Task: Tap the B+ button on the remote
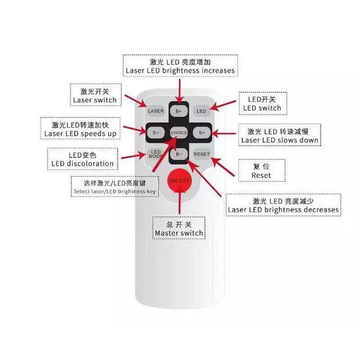tap(179, 111)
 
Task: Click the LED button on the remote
tap(201, 111)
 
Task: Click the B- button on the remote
tap(179, 154)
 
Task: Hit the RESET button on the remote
tap(202, 154)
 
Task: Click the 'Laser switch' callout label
tap(95, 96)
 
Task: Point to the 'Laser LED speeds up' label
tap(80, 129)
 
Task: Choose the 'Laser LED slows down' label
tap(280, 135)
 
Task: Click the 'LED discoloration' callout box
tap(83, 159)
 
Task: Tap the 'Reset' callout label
tap(261, 171)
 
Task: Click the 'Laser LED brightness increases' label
tap(180, 66)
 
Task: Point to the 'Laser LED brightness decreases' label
tap(283, 205)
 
